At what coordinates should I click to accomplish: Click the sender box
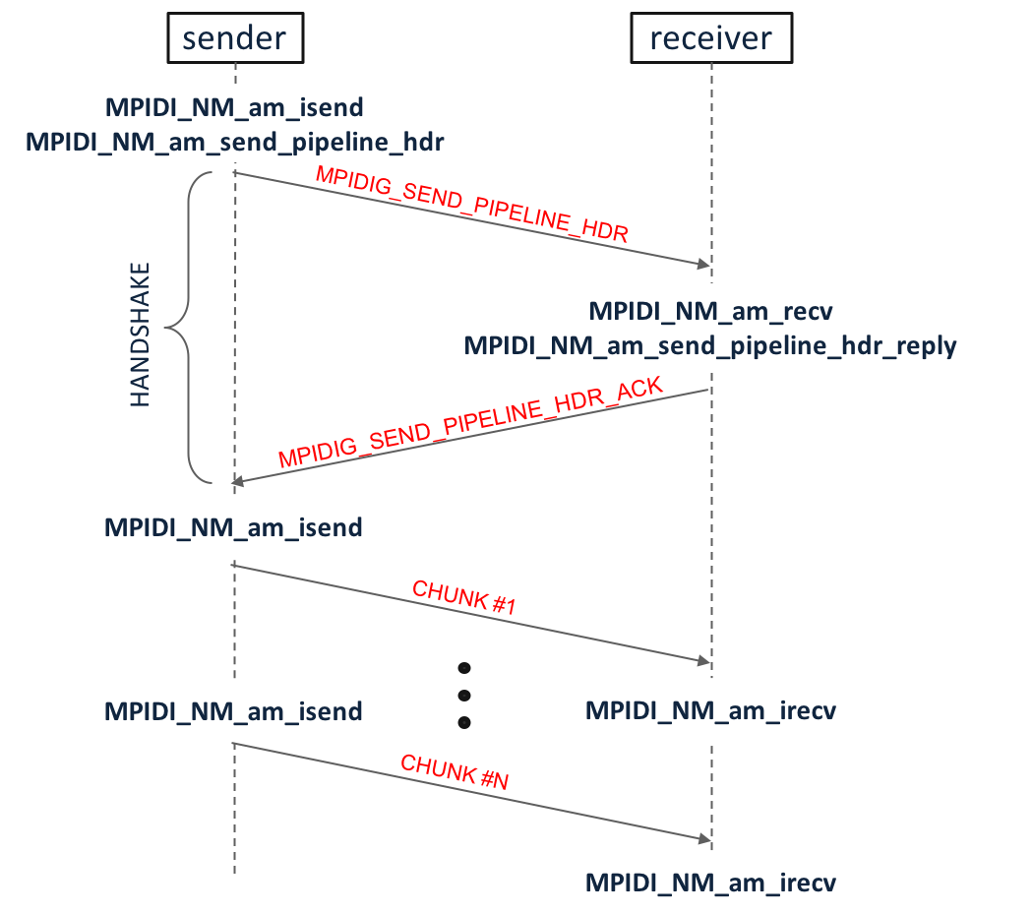pos(234,38)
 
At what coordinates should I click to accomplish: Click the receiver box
pos(710,39)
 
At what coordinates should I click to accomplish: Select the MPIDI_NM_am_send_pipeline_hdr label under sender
pos(234,142)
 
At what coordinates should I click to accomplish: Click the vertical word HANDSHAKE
pos(141,335)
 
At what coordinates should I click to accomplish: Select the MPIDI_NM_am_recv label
pos(710,312)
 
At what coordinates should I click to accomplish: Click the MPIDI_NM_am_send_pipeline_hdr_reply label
pos(710,346)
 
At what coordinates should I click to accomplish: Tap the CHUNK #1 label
pos(464,598)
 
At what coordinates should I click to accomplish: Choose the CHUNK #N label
pos(455,772)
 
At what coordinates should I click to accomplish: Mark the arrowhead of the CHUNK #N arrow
pos(704,839)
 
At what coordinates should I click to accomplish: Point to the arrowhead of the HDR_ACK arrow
pos(237,482)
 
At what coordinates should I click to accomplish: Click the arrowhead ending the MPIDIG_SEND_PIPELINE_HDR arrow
pos(703,265)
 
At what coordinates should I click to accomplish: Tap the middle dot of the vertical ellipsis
pos(464,696)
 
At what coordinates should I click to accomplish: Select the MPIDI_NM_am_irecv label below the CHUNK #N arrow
pos(710,883)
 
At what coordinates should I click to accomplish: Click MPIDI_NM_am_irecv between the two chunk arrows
pos(710,710)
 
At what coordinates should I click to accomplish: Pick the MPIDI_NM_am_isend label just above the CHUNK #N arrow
pos(234,710)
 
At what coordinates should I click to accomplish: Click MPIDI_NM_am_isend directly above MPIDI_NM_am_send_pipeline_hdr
pos(234,106)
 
